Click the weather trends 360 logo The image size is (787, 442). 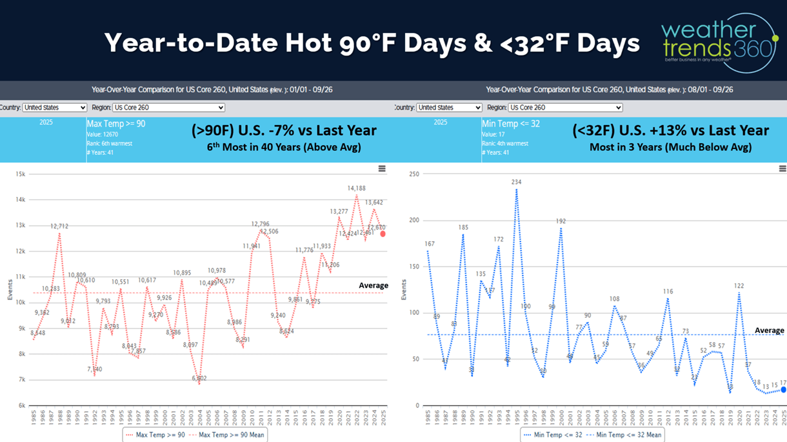point(719,43)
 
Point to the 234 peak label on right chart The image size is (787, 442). point(516,183)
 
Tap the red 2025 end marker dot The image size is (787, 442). point(383,234)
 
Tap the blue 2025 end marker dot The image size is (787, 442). point(784,390)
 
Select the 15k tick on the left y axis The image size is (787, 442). point(20,174)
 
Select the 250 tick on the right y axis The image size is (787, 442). point(413,174)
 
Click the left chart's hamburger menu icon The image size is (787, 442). point(382,168)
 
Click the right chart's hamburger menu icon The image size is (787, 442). point(782,168)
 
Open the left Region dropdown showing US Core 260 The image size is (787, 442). point(168,108)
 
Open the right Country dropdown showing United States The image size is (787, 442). point(449,108)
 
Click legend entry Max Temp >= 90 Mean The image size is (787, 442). point(231,435)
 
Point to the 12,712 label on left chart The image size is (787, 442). point(59,226)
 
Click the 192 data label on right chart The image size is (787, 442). point(561,221)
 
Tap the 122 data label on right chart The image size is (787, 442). point(739,286)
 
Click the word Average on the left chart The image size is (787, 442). point(374,285)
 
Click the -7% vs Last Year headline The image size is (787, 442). point(284,130)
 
